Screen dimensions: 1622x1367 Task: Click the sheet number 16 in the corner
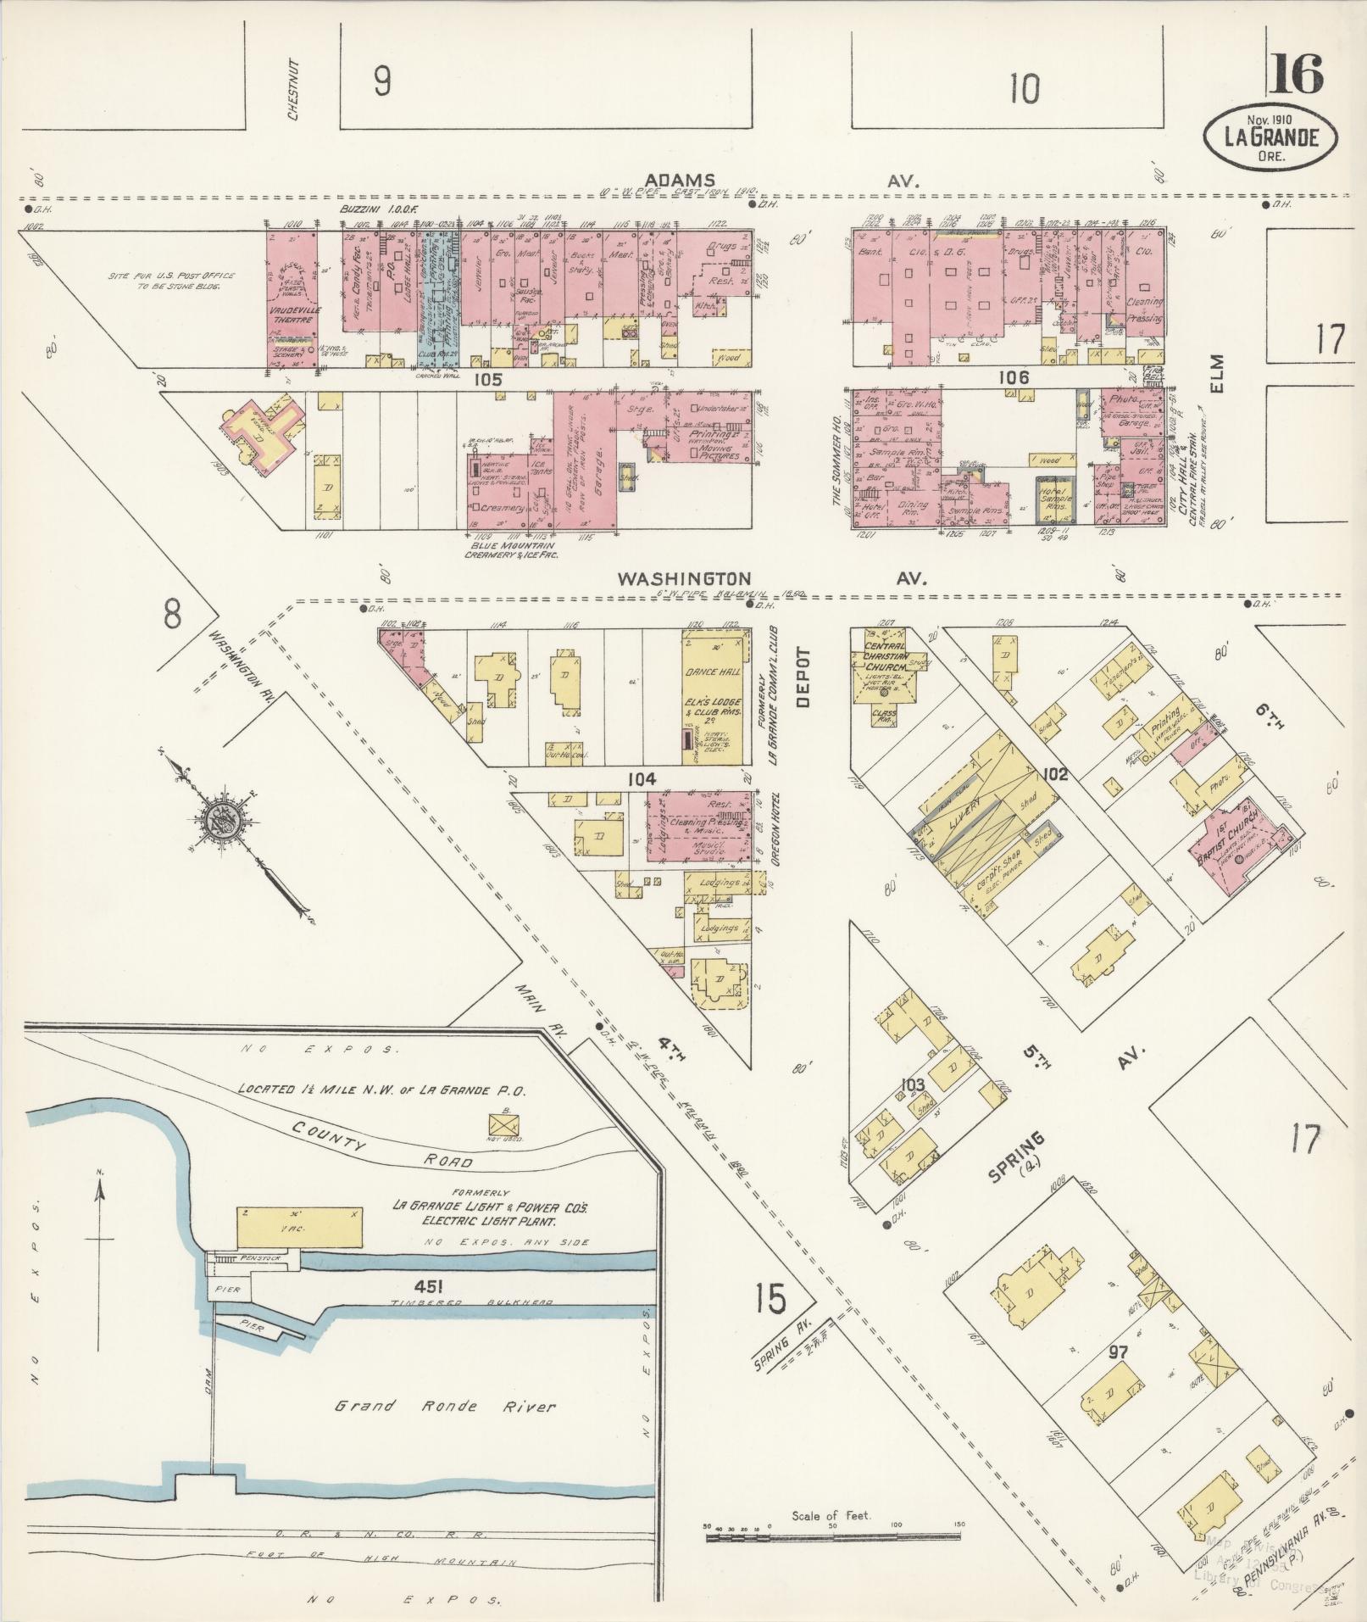1295,75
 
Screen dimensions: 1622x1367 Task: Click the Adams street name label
680,180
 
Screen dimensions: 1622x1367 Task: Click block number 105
489,379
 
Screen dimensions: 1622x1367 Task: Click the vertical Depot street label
803,678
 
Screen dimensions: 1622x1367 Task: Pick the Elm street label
1219,374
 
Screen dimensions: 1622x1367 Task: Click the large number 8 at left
172,614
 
